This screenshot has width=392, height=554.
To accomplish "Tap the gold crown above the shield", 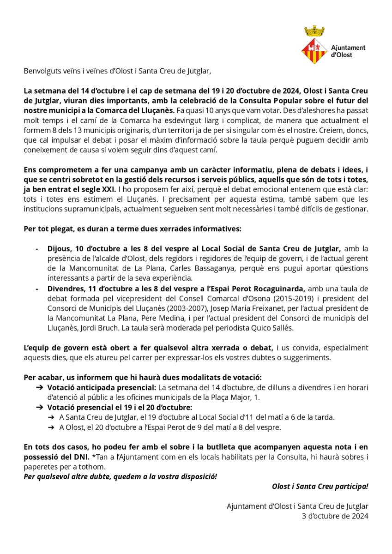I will coord(314,32).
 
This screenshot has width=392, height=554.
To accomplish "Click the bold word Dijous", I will coord(59,248).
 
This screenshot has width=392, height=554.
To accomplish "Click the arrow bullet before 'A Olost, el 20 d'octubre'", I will coord(51,427).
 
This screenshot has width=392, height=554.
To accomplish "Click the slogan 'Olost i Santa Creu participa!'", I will coord(320,486).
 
